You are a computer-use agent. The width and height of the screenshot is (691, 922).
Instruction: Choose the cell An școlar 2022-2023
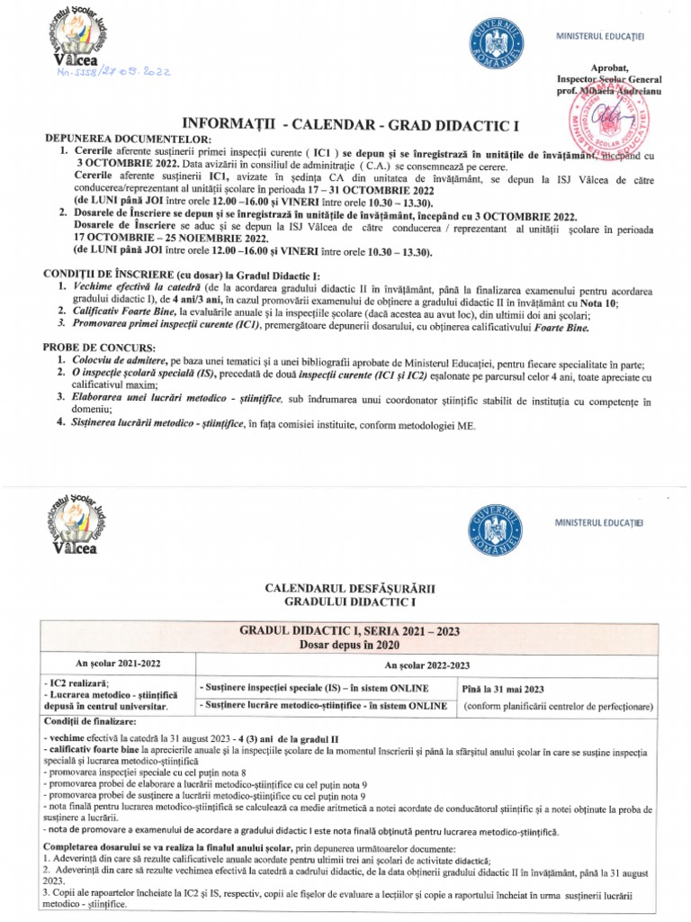click(x=436, y=665)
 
